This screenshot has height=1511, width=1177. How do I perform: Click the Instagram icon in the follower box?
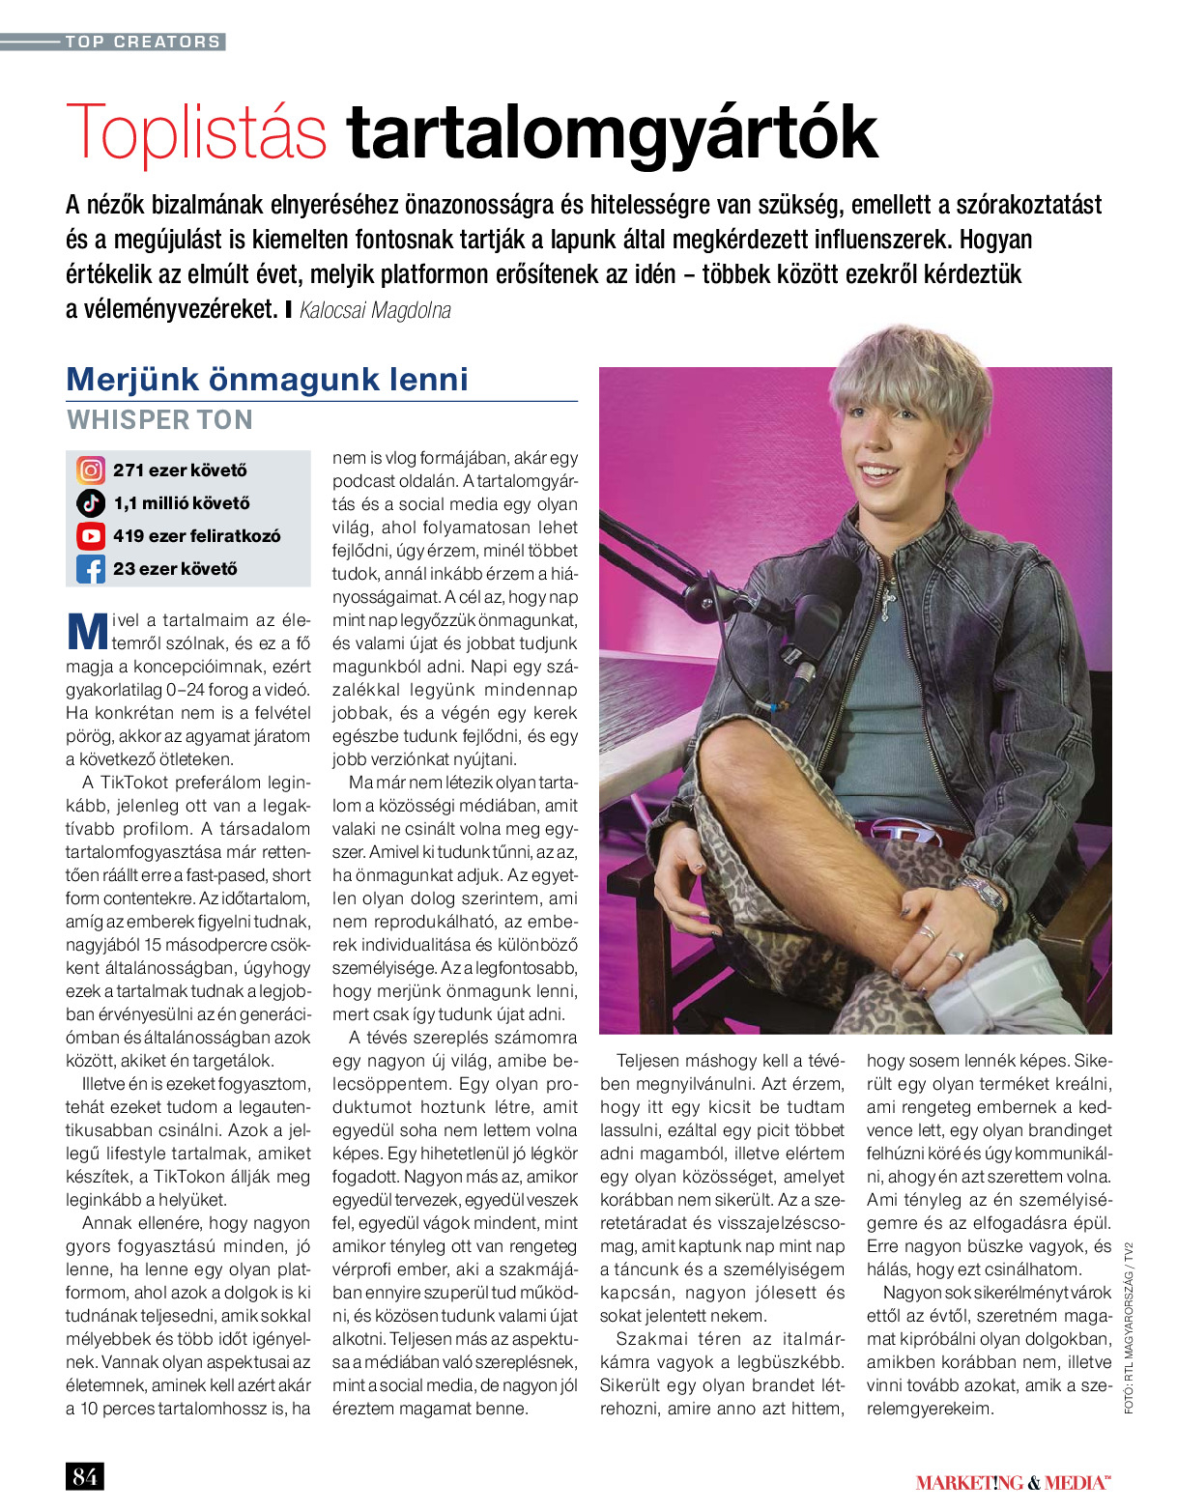pyautogui.click(x=91, y=470)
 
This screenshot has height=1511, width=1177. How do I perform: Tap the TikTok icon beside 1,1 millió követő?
pyautogui.click(x=91, y=503)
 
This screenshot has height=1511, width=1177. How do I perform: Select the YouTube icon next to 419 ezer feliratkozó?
pyautogui.click(x=91, y=536)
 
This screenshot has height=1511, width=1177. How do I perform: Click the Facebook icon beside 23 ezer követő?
pyautogui.click(x=91, y=569)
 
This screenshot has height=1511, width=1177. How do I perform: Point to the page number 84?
pyautogui.click(x=84, y=1476)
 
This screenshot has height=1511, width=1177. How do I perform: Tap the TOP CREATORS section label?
pyautogui.click(x=143, y=42)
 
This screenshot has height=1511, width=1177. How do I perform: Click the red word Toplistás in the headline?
pyautogui.click(x=196, y=133)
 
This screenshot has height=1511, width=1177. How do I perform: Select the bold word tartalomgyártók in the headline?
pyautogui.click(x=612, y=133)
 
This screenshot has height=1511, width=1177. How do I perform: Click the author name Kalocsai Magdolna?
pyautogui.click(x=375, y=310)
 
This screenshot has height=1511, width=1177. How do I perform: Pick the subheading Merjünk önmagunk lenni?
pyautogui.click(x=267, y=379)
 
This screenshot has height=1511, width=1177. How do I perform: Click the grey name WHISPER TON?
pyautogui.click(x=159, y=420)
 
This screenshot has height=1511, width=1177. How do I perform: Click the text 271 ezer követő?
pyautogui.click(x=180, y=470)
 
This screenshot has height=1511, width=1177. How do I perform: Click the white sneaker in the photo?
pyautogui.click(x=1015, y=990)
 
